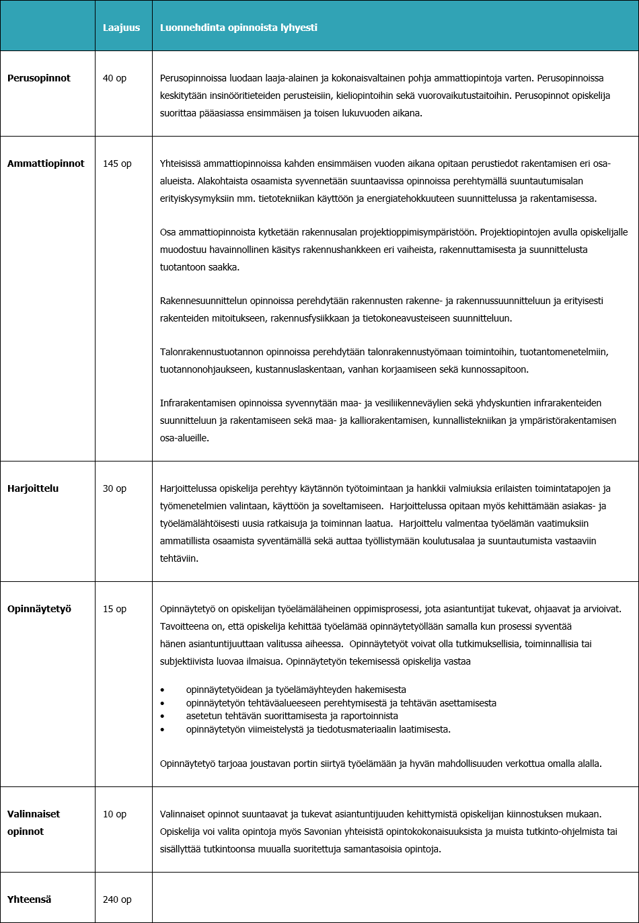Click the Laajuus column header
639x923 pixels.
[x=121, y=28]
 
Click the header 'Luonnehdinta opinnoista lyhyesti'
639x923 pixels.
[x=238, y=28]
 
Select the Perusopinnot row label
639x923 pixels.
[x=39, y=78]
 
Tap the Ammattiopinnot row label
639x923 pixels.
[x=46, y=163]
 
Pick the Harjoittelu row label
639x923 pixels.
[x=33, y=488]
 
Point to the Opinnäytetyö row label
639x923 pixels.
[x=39, y=609]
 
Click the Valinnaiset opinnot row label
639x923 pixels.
[x=34, y=822]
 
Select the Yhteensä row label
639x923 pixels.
[x=30, y=899]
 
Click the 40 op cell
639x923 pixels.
[x=114, y=78]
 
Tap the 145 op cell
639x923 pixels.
[x=117, y=163]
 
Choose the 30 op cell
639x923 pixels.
[x=114, y=488]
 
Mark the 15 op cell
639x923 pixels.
[x=114, y=609]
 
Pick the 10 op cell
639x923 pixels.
[x=114, y=814]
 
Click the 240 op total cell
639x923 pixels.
[x=117, y=899]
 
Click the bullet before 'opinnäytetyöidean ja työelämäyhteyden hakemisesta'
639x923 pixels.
[x=162, y=690]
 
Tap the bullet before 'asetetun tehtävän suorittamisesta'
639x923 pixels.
[x=162, y=716]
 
